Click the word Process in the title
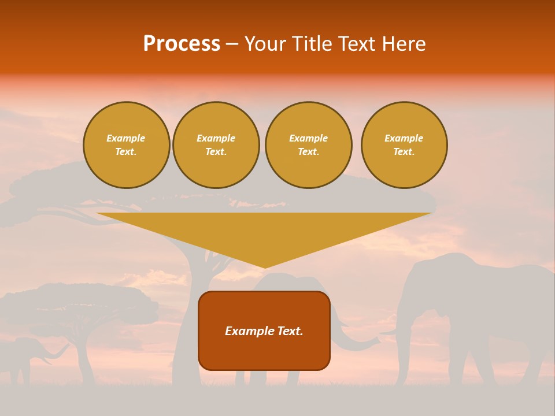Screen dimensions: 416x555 (x=182, y=44)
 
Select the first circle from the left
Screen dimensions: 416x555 (x=127, y=145)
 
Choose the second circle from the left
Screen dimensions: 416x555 (x=216, y=145)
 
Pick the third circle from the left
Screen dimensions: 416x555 (x=309, y=145)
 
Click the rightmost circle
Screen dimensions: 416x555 (x=404, y=145)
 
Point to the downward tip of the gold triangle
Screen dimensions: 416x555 (x=265, y=266)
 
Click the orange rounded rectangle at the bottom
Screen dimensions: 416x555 (x=264, y=352)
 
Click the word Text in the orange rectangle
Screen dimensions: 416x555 (x=289, y=331)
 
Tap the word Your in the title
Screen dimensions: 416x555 (x=267, y=44)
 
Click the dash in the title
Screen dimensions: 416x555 (x=232, y=44)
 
